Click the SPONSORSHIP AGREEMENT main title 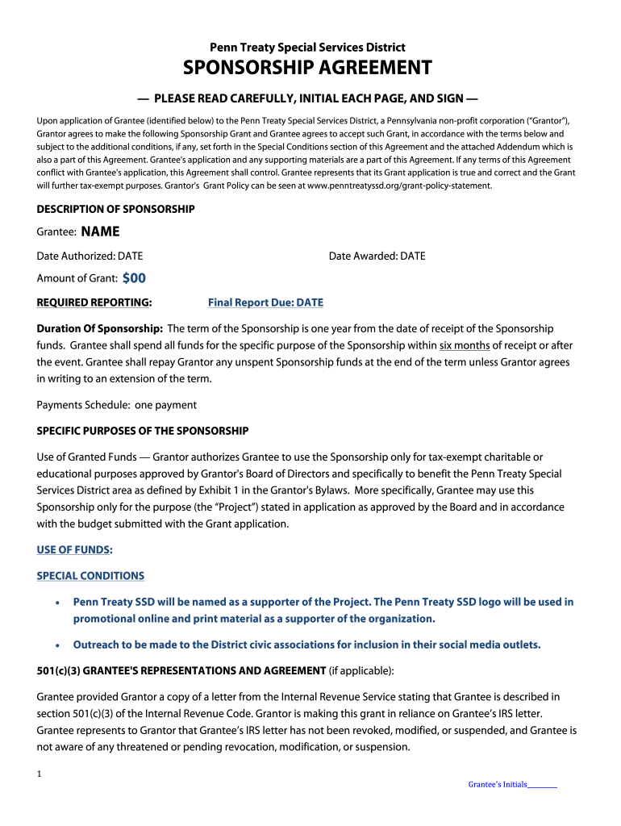[307, 68]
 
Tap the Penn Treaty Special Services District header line [307, 48]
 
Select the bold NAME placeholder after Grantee [101, 232]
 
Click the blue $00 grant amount [134, 278]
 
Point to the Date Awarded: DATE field [377, 257]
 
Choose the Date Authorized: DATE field [90, 257]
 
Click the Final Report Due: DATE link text [265, 303]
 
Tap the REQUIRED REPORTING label [94, 303]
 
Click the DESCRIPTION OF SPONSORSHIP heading [115, 210]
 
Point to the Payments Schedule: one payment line [116, 405]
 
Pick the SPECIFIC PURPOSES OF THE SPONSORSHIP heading [143, 431]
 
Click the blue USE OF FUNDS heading [75, 550]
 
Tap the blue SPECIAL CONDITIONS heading [90, 576]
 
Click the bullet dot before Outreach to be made [56, 645]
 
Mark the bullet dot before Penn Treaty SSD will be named [56, 603]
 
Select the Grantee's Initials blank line [542, 785]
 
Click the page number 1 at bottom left [40, 774]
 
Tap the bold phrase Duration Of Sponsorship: [100, 329]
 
